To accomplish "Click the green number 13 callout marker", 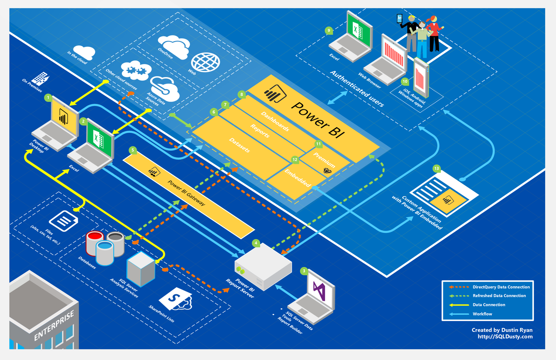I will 436,168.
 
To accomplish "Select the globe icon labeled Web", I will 205,62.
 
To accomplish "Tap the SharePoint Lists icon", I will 176,299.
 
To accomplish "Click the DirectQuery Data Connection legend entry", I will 501,287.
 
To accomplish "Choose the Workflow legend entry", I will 482,314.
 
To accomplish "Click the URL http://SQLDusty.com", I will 505,336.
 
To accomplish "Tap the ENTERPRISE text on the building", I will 54,325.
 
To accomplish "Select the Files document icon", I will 64,221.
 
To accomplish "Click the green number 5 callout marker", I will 133,150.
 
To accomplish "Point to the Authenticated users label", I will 357,89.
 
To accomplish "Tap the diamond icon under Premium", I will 327,171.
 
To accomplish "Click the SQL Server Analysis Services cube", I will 141,269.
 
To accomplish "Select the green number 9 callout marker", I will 329,31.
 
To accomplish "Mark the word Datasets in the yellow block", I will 239,145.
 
